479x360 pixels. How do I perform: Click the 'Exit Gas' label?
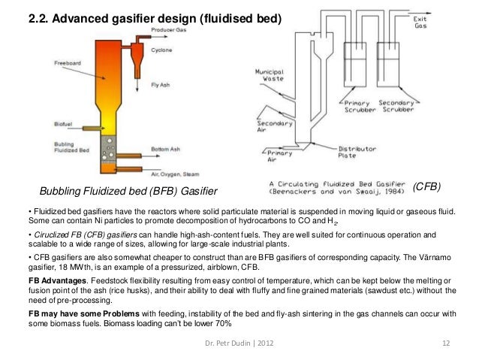pyautogui.click(x=421, y=23)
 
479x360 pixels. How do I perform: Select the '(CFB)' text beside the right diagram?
pyautogui.click(x=426, y=185)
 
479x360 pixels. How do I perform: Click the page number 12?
pyautogui.click(x=445, y=344)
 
